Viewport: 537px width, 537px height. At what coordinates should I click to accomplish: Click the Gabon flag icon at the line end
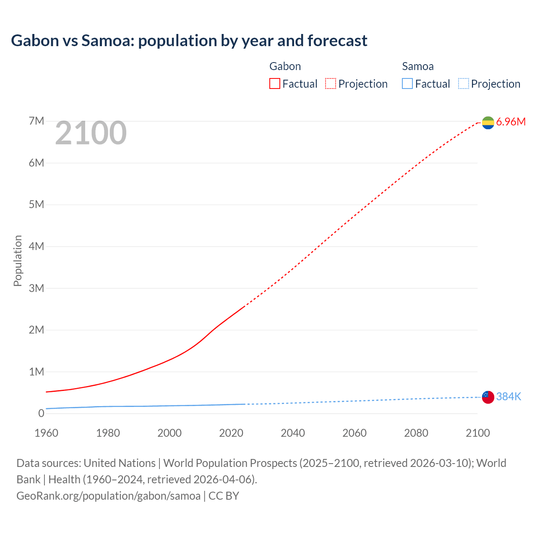pyautogui.click(x=488, y=123)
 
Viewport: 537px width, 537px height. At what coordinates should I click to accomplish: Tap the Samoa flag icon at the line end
pyautogui.click(x=488, y=397)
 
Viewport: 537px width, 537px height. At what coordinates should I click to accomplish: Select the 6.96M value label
pyautogui.click(x=511, y=122)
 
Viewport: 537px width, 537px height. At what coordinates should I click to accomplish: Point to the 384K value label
pyautogui.click(x=508, y=397)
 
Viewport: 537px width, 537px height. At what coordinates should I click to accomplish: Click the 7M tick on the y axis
pyautogui.click(x=36, y=121)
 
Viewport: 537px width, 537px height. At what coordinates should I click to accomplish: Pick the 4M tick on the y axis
pyautogui.click(x=36, y=246)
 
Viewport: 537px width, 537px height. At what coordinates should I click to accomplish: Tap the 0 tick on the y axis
pyautogui.click(x=41, y=413)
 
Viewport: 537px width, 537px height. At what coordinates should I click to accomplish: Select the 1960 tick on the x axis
pyautogui.click(x=46, y=433)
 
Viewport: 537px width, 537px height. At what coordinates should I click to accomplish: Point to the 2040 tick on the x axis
pyautogui.click(x=293, y=433)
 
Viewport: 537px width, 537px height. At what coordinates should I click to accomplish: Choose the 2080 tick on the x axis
pyautogui.click(x=416, y=433)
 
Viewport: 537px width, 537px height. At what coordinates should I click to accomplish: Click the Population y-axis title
pyautogui.click(x=18, y=261)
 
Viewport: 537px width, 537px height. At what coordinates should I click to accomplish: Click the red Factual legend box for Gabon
pyautogui.click(x=274, y=84)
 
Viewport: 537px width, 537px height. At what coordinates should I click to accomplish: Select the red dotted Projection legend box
pyautogui.click(x=331, y=84)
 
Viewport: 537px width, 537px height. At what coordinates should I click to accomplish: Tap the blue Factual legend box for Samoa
pyautogui.click(x=407, y=84)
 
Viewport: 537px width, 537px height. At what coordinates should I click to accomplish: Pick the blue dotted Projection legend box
pyautogui.click(x=464, y=84)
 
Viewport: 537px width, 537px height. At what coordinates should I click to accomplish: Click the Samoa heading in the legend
pyautogui.click(x=417, y=66)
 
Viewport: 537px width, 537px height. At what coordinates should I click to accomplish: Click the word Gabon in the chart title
pyautogui.click(x=35, y=41)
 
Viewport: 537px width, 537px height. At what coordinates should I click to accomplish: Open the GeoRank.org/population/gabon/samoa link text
pyautogui.click(x=108, y=496)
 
